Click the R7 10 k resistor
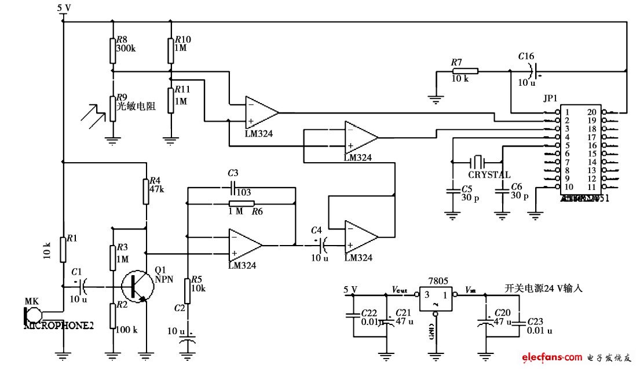[465, 71]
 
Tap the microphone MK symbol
[33, 315]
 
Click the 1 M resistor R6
[241, 203]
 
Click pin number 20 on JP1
[591, 112]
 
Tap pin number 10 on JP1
[569, 187]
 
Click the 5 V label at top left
[64, 8]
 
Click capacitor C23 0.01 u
[519, 321]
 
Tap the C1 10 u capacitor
[82, 286]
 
